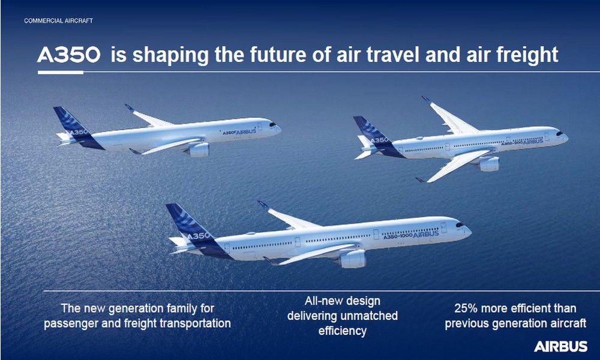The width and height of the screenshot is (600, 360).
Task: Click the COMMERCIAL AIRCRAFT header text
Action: (59, 20)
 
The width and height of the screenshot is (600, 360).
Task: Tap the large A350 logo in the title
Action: (69, 55)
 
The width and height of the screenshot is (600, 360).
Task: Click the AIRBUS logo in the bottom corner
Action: (560, 347)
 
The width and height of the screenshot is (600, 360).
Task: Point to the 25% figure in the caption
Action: (466, 308)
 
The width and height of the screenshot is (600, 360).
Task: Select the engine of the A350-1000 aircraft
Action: (352, 259)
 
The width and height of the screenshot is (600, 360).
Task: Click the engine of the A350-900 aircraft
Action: (488, 164)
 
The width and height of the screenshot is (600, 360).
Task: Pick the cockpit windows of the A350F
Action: (272, 124)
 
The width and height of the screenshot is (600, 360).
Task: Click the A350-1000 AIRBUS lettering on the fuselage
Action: (411, 235)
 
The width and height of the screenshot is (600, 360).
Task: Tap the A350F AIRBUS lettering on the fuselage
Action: (239, 132)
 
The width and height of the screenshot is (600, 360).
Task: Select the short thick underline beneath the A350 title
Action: (61, 73)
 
